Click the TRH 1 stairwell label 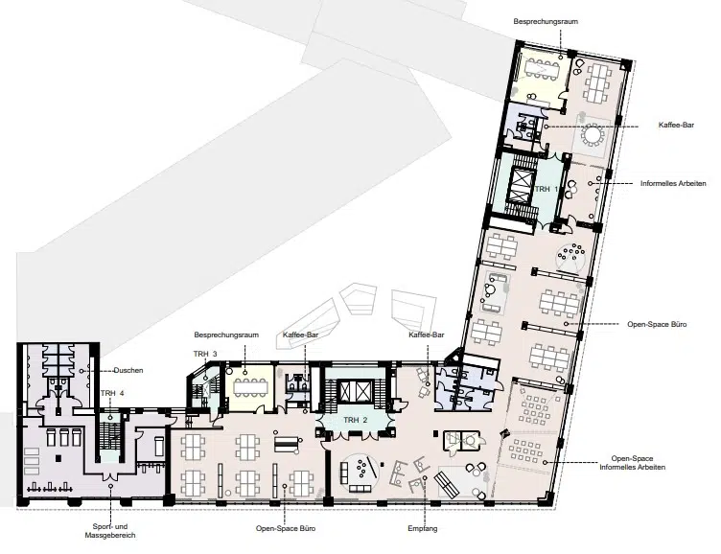click(x=547, y=189)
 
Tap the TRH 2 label click(x=356, y=420)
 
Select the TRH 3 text click(x=205, y=354)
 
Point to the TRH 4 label click(x=112, y=393)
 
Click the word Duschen click(x=128, y=370)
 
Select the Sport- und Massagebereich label click(x=110, y=531)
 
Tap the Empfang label click(x=423, y=529)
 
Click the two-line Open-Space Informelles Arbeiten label click(x=632, y=463)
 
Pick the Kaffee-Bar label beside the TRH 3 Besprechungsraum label click(x=301, y=335)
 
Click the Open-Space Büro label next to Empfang click(x=286, y=528)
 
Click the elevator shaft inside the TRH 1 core click(x=518, y=186)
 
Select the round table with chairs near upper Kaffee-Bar click(x=592, y=135)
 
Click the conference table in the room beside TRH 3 click(x=250, y=387)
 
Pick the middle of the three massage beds click(x=64, y=437)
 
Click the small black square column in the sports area click(x=58, y=458)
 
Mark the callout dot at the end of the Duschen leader click(x=81, y=370)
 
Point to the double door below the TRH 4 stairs click(x=110, y=474)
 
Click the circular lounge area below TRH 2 click(x=360, y=474)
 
